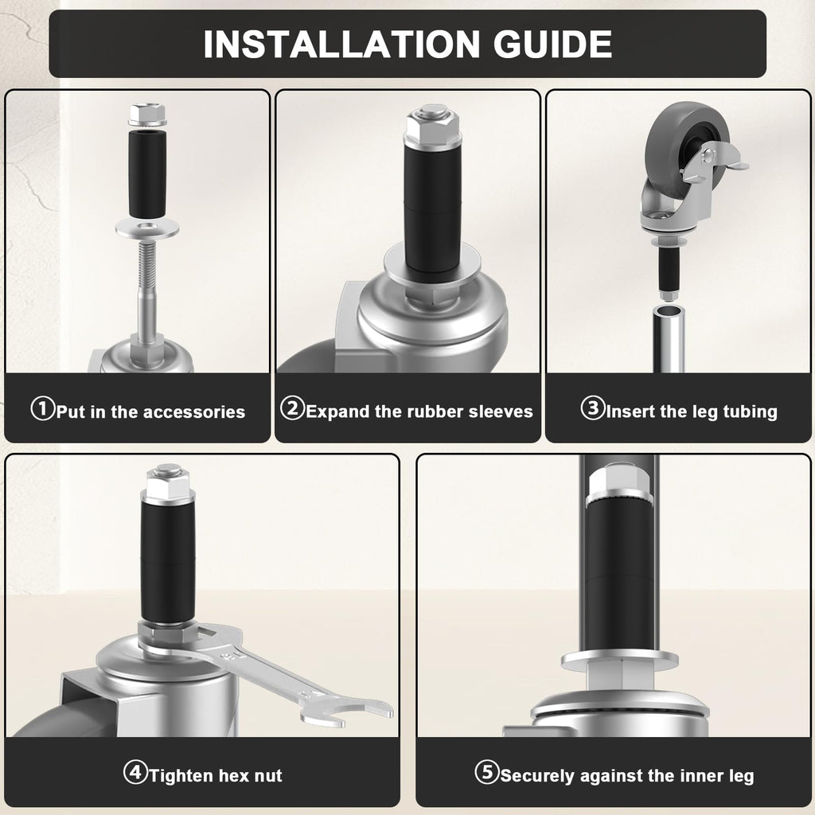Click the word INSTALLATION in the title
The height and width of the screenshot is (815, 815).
341,45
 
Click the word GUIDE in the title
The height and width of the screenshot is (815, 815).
552,45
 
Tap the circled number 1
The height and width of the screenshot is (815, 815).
43,408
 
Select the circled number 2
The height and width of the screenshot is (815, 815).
292,408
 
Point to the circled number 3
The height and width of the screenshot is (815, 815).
593,408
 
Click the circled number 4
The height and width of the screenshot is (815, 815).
135,772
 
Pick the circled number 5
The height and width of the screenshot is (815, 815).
487,772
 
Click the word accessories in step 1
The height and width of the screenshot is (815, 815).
194,412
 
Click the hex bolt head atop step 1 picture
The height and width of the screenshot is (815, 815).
147,115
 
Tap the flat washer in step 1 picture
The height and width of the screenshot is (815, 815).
147,228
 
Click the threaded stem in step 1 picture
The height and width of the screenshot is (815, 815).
147,271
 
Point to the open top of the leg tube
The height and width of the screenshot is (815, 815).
669,311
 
